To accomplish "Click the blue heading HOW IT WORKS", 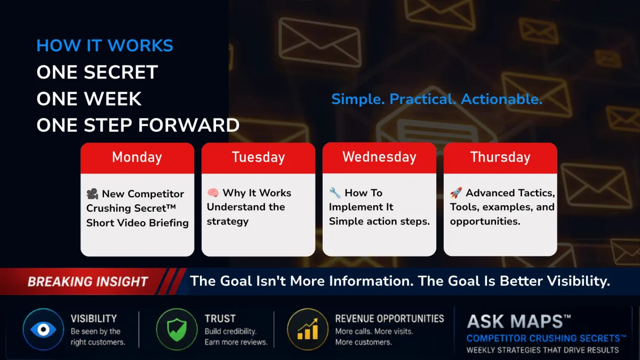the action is (x=105, y=45).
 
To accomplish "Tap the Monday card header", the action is (x=137, y=158).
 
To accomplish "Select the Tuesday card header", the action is (x=258, y=158).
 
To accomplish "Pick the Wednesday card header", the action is (x=379, y=157).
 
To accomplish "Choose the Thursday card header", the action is (x=500, y=158).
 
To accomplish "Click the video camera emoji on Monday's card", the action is (x=92, y=194).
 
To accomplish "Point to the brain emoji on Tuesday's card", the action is (x=213, y=193).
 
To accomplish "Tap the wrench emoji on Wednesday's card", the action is (x=335, y=193).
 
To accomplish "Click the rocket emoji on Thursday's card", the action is (x=456, y=193).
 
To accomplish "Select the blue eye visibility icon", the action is (x=43, y=330).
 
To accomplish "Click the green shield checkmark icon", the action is (x=177, y=330).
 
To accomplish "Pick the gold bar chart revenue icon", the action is (x=308, y=330).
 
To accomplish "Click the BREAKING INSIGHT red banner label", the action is (x=87, y=282).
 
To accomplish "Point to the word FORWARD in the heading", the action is (x=189, y=125).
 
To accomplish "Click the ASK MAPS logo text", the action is (x=518, y=322).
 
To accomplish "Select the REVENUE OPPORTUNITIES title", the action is (x=390, y=318).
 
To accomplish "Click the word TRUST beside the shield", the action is (x=220, y=318).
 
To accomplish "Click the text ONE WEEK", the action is (x=89, y=99).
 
